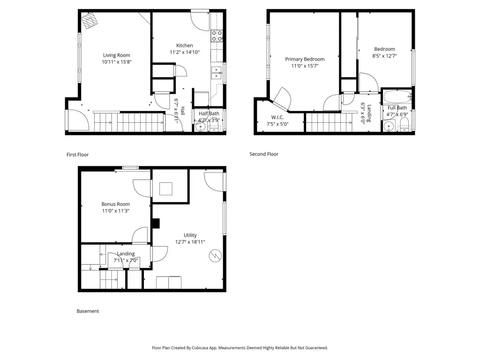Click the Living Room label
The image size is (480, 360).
(x=116, y=55)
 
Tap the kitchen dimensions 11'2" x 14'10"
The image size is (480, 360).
(x=185, y=52)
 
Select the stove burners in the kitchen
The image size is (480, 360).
(x=217, y=36)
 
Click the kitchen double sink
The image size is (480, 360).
(x=217, y=73)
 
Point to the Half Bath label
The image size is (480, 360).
(x=209, y=113)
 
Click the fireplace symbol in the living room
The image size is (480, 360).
(x=90, y=21)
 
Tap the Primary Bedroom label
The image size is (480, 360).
(x=305, y=59)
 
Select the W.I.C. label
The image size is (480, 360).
(x=277, y=117)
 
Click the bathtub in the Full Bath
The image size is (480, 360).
(x=397, y=97)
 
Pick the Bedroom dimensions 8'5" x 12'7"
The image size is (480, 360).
(x=384, y=56)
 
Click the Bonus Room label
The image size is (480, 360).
(x=115, y=204)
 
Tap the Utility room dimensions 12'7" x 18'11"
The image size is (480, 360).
(x=190, y=242)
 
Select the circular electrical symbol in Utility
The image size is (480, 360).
(x=215, y=256)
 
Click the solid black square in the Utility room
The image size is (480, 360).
(x=156, y=223)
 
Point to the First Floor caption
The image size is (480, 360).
(x=77, y=155)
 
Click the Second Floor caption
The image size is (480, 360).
(x=264, y=154)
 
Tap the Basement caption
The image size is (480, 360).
(x=88, y=311)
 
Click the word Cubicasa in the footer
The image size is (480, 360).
(x=200, y=348)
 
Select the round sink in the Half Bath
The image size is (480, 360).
(x=200, y=127)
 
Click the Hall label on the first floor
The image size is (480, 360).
(x=182, y=111)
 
